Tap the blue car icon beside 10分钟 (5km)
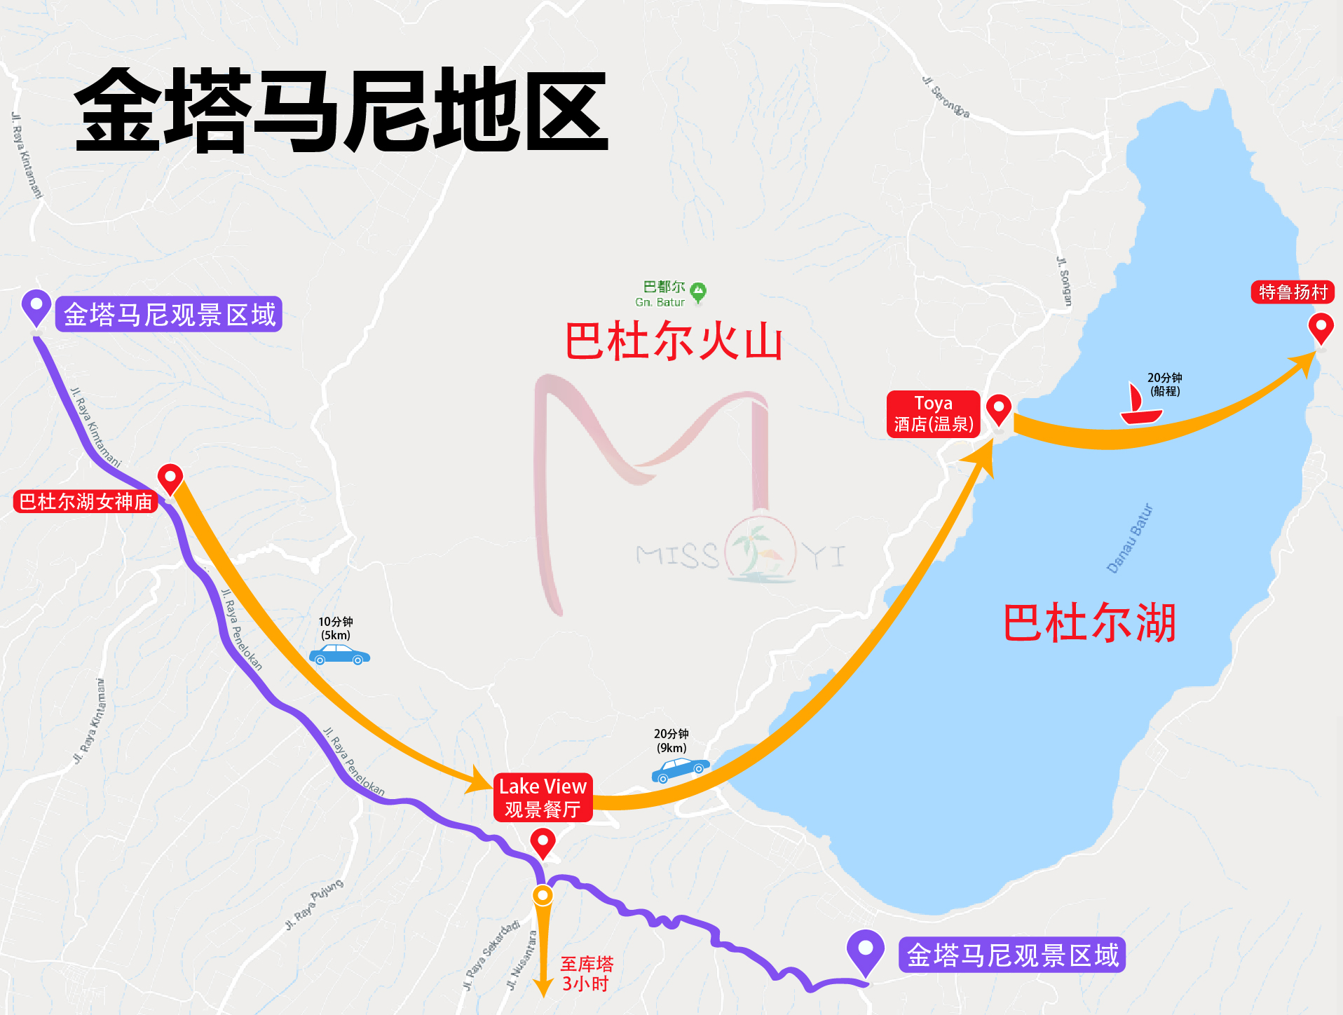(x=339, y=655)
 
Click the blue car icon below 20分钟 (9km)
(x=680, y=770)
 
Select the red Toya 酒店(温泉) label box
(x=933, y=414)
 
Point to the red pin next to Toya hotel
(x=998, y=409)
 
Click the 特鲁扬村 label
(x=1293, y=292)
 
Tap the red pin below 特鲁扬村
(x=1321, y=327)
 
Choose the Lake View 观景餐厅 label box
(x=543, y=798)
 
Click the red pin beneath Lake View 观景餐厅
(x=543, y=842)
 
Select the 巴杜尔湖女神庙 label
(x=86, y=502)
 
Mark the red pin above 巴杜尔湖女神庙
(x=170, y=479)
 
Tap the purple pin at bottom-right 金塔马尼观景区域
(x=866, y=951)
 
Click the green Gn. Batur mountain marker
(x=698, y=292)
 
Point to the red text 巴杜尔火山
(x=674, y=341)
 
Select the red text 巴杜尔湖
(x=1089, y=622)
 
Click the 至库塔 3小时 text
(x=586, y=974)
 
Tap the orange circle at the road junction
(x=543, y=895)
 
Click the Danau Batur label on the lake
(x=1129, y=538)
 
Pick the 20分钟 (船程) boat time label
(x=1164, y=384)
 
